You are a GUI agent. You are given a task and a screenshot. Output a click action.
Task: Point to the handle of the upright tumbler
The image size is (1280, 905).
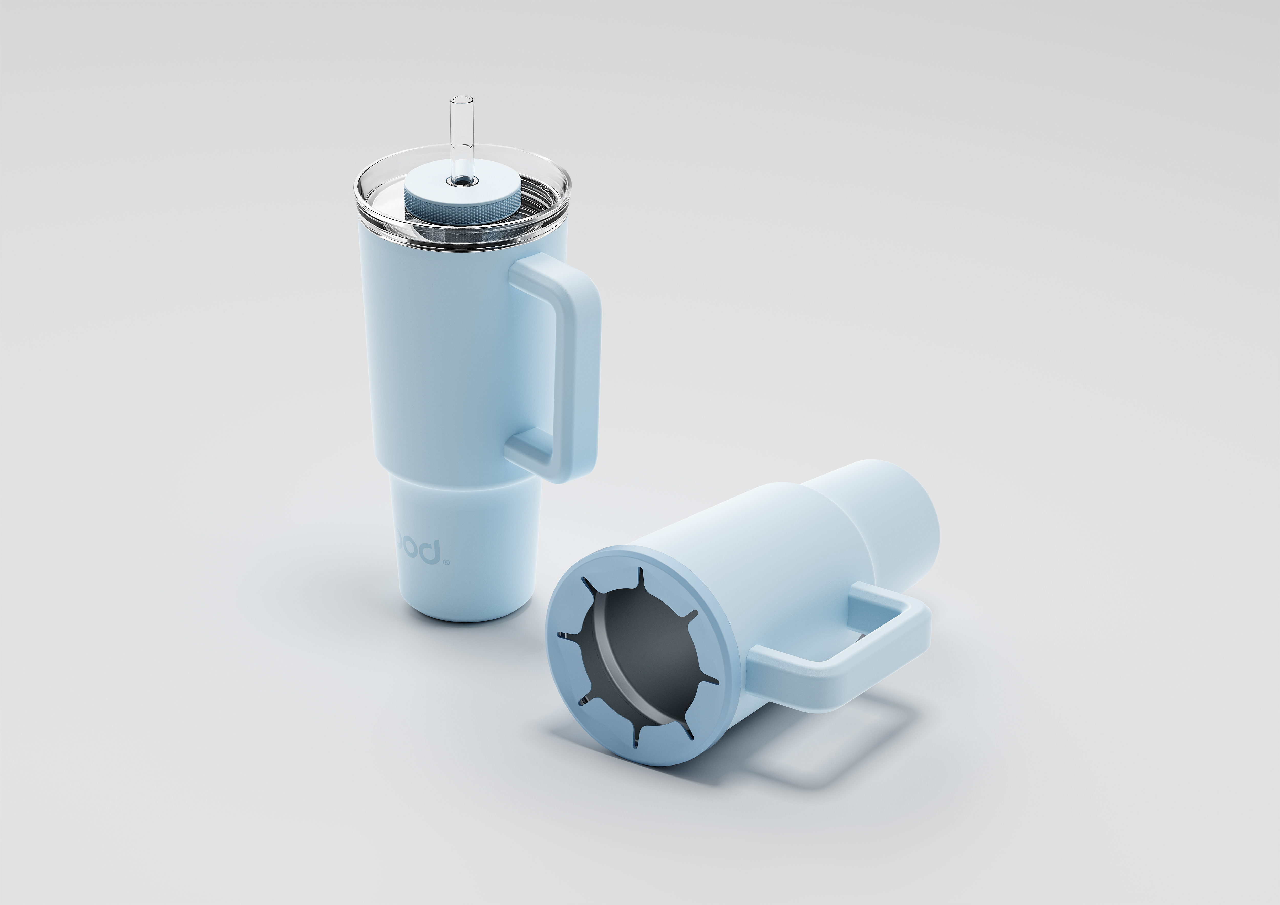click(583, 368)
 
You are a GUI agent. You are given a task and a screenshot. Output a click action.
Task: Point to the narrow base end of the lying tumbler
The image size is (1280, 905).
click(898, 518)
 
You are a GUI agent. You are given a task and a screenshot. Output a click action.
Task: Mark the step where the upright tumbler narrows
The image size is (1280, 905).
click(463, 482)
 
